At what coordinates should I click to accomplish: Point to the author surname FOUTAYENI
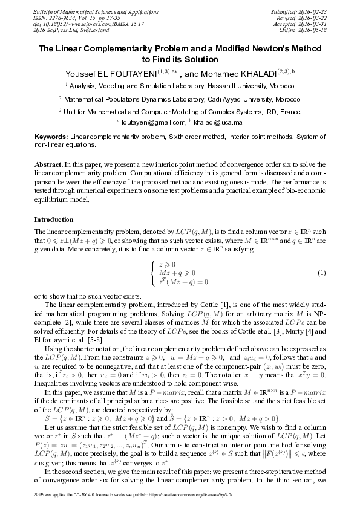(131, 73)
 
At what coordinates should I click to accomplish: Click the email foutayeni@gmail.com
(150, 122)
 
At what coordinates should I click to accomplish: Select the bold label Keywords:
(51, 138)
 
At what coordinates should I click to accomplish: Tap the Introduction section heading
(54, 219)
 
